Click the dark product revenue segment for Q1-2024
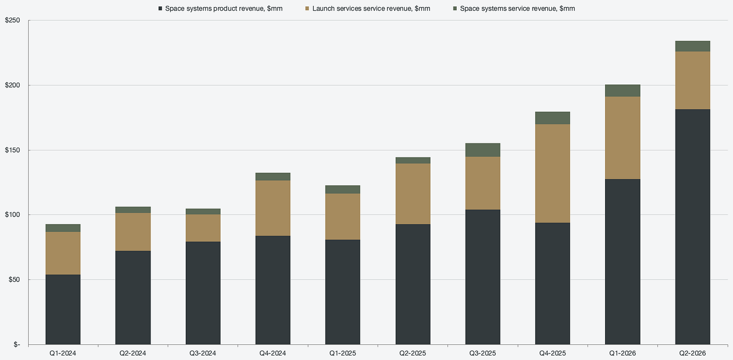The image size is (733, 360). point(63,310)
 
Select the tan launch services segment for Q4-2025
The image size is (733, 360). point(552,173)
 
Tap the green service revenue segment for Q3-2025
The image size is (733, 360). point(483,150)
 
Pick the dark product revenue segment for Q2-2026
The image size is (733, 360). point(692,227)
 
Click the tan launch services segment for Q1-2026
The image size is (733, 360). point(622,138)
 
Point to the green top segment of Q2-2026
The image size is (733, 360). point(692,46)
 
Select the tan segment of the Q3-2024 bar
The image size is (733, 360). point(203,228)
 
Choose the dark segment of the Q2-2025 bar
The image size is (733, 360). point(413,284)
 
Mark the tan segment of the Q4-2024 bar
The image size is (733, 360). point(273,208)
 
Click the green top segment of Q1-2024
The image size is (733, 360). point(63,228)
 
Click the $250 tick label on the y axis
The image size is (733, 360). point(13,20)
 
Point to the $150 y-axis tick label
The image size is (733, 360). point(13,150)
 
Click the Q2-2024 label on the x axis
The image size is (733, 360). point(132,353)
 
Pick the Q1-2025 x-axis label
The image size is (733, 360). point(343,353)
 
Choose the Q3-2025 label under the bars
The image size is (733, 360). point(483,353)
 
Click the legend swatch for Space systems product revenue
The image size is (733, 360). point(160,9)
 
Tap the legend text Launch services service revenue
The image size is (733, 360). point(372,9)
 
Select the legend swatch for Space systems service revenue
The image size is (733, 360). point(455,9)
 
